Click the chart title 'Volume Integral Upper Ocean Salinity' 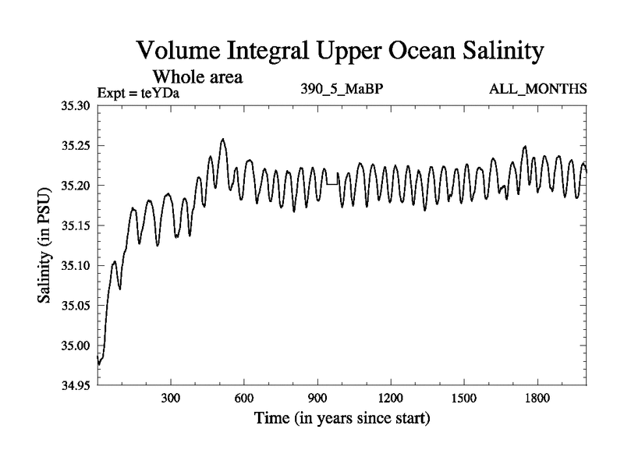[339, 51]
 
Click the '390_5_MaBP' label [342, 89]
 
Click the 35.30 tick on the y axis [76, 105]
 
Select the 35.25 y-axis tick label [76, 146]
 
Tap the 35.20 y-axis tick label [76, 186]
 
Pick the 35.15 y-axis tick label [76, 226]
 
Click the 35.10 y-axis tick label [76, 266]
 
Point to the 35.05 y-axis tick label [76, 306]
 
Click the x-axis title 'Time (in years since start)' [342, 419]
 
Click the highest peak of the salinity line [223, 140]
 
